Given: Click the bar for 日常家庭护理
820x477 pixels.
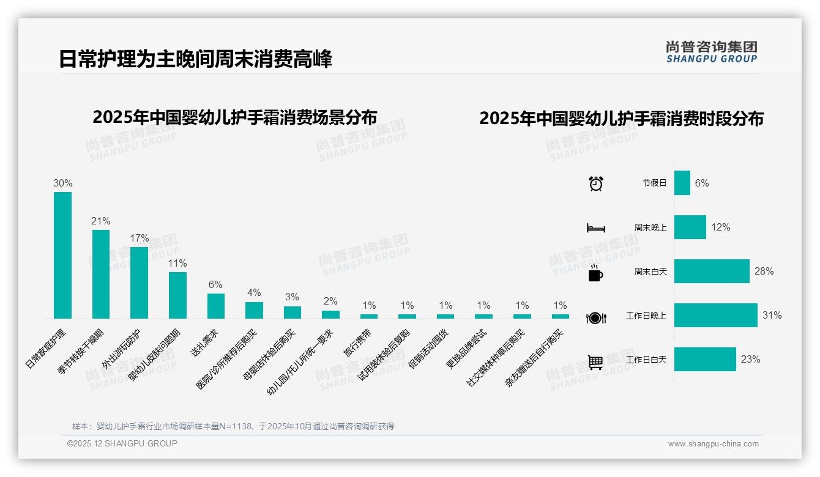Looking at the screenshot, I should coord(62,255).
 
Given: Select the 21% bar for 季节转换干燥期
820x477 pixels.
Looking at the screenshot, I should coord(101,274).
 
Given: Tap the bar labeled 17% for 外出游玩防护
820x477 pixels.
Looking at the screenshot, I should coord(139,283).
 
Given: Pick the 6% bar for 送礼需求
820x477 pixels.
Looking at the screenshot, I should coord(215,306).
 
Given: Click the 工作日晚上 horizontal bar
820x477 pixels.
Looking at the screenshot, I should coord(715,316).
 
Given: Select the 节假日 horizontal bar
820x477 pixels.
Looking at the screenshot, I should coord(682,183).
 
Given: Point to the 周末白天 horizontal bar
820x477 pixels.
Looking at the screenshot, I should coord(712,272).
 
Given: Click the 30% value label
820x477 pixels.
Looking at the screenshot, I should coord(62,183).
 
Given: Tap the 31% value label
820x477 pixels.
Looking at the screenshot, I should coord(772,316).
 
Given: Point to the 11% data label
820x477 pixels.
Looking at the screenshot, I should coord(177,263).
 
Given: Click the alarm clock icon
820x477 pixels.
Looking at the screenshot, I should coord(595,183).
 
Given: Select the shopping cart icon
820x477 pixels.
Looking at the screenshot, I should coord(595,362).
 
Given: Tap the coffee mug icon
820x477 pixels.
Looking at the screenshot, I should coord(595,273).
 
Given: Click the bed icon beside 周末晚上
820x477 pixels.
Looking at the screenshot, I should coord(595,228).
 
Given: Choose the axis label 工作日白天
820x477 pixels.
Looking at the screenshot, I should coord(646,360).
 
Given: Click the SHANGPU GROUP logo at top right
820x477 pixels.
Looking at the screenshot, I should coord(711,52).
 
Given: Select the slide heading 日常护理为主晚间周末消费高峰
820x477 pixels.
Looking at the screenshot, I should coord(195,59).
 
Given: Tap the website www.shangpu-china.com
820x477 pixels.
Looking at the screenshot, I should coord(713,444).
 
